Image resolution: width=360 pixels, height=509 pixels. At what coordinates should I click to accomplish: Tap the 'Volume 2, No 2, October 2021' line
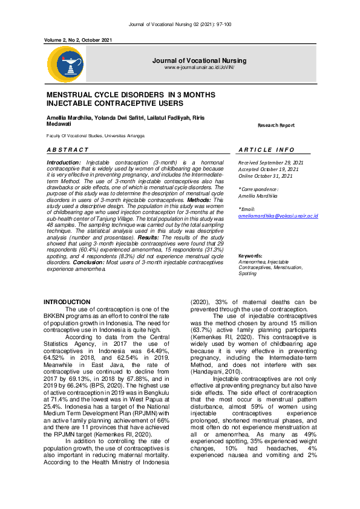pos(79,40)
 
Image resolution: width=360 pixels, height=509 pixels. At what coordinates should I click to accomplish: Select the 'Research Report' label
pos(276,125)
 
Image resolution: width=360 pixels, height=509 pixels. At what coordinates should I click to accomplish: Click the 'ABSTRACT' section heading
pos(68,149)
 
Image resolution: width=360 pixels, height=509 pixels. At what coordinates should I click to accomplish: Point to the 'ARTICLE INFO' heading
pos(266,149)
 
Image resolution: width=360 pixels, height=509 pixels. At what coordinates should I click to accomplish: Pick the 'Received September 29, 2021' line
pos(271,163)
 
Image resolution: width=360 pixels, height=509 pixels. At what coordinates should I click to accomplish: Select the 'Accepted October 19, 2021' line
pos(267,169)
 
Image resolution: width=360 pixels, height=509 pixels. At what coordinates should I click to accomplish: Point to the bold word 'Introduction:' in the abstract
pos(64,163)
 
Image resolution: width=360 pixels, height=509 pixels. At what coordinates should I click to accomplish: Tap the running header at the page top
pos(180,24)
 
